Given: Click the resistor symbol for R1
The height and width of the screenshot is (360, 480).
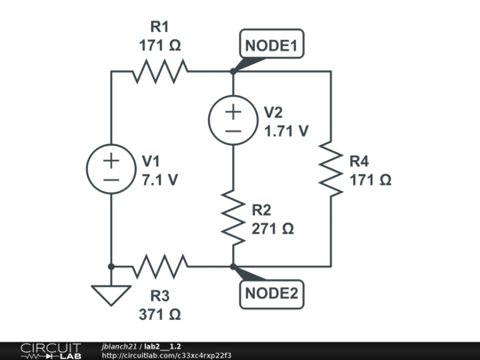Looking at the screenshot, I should click(x=160, y=71).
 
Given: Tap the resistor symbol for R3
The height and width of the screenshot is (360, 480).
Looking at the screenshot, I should click(x=160, y=266).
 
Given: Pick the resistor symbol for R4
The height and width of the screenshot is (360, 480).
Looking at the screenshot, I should click(x=331, y=169).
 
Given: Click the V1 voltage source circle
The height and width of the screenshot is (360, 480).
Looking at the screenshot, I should click(x=111, y=169).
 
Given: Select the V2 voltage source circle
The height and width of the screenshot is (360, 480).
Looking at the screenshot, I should click(x=233, y=121).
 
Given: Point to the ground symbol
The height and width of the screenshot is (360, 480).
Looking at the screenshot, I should click(x=111, y=293).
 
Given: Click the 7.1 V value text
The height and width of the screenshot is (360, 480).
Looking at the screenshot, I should click(x=160, y=179).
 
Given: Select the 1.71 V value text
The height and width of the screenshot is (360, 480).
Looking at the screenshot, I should click(x=286, y=131).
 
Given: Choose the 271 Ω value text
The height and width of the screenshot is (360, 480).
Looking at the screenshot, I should click(x=272, y=228).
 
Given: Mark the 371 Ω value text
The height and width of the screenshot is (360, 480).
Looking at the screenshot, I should click(x=160, y=315).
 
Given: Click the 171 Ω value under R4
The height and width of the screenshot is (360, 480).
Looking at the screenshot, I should click(x=370, y=179).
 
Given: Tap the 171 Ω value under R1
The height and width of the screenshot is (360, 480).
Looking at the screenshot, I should click(x=160, y=44).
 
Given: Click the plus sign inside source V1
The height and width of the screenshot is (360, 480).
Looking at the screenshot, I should click(x=111, y=160).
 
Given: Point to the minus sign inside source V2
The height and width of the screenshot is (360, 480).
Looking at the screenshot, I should click(x=233, y=131).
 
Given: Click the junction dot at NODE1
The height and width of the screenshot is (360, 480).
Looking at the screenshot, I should click(x=233, y=71).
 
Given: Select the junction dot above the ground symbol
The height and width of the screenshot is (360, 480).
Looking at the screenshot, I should click(x=111, y=266).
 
